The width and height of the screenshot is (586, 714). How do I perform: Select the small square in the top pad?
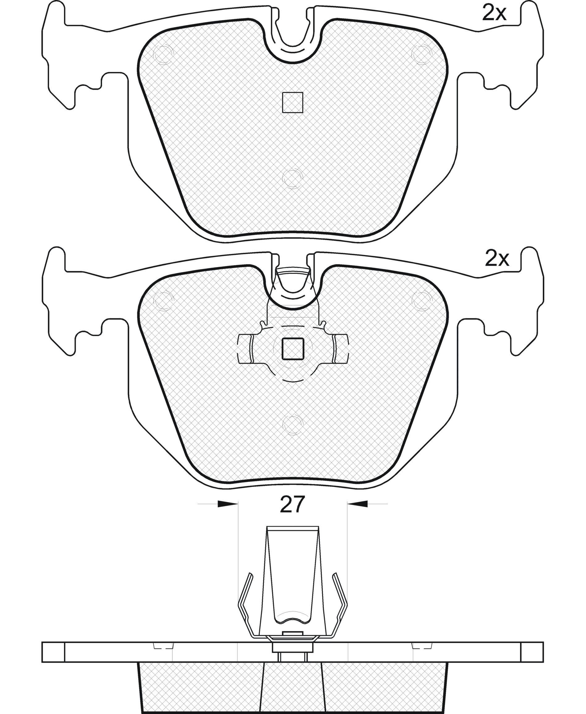293,102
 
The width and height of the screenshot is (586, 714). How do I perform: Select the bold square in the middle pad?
293,349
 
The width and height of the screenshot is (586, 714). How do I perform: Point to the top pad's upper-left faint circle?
163,54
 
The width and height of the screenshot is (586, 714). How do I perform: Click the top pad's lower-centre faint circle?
293,178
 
